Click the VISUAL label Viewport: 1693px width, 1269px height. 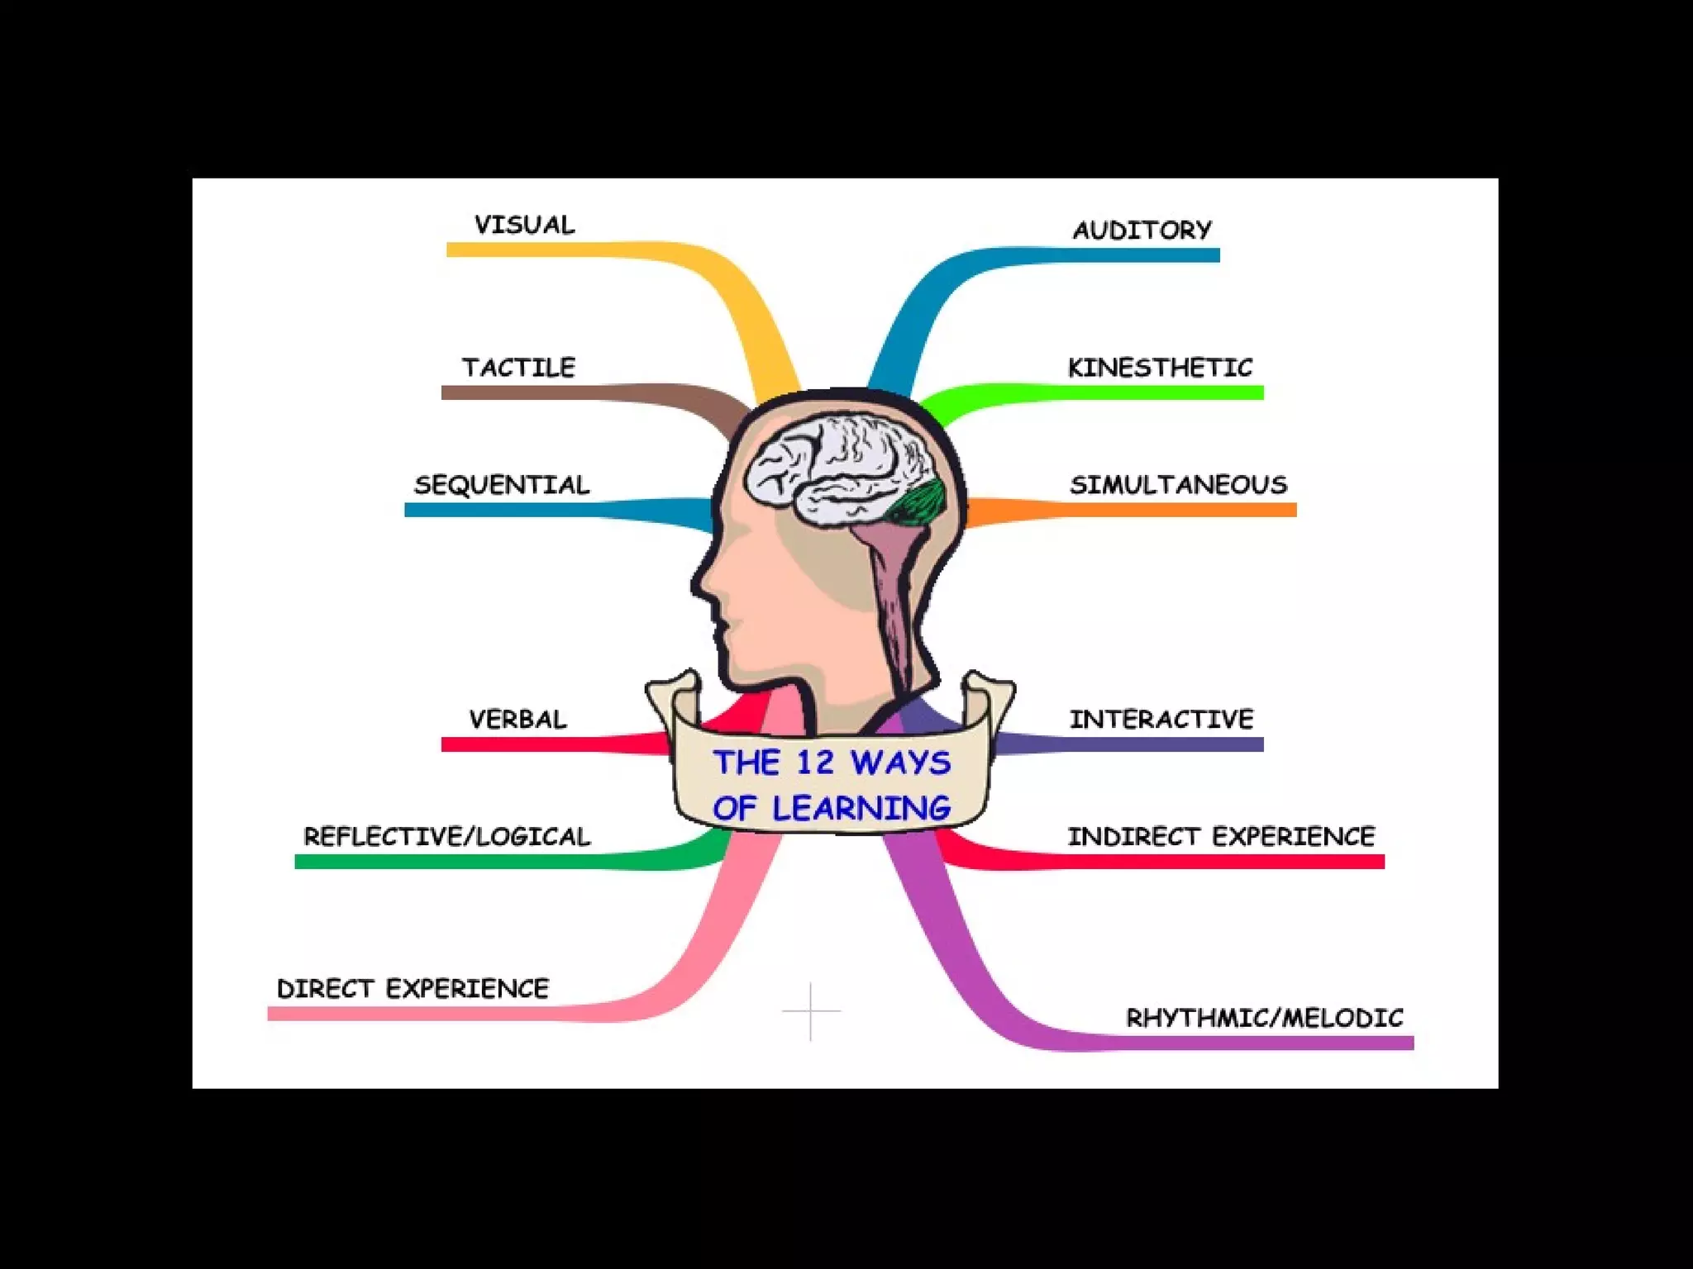pos(524,225)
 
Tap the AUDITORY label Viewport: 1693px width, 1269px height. pos(1142,230)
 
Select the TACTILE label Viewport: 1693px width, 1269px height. pos(518,368)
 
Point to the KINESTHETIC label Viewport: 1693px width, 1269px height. pos(1160,368)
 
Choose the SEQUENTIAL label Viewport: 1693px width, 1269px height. pos(502,485)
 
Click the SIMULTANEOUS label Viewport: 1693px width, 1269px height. pos(1179,485)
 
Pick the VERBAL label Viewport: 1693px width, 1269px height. pos(517,720)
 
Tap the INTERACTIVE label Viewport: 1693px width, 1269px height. pos(1161,720)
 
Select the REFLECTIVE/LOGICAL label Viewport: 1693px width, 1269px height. pos(447,837)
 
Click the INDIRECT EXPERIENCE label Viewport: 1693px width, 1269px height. pos(1221,837)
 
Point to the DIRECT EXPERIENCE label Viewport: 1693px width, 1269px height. pos(413,989)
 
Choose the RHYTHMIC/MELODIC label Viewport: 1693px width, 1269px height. pos(1265,1018)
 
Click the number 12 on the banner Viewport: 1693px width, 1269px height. pos(816,763)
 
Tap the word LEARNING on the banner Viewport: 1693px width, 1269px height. pos(861,809)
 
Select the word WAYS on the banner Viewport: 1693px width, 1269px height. pos(901,763)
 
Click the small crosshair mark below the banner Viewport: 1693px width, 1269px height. pos(811,1010)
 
